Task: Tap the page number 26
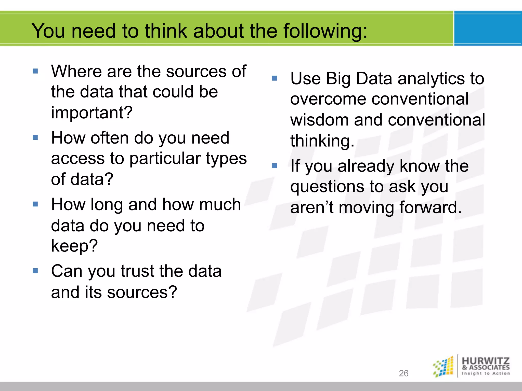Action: (403, 373)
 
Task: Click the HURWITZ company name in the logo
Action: (486, 361)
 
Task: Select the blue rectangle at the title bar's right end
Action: (488, 29)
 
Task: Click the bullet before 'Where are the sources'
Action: (35, 71)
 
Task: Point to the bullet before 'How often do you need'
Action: (35, 138)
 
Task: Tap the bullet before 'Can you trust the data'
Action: (35, 271)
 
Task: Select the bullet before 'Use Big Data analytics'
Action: (275, 78)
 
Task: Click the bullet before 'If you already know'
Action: (275, 166)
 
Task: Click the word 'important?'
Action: (92, 113)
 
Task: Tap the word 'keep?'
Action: (74, 246)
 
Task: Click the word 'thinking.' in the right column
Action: (322, 141)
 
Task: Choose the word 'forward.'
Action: (430, 207)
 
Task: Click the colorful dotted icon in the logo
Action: (443, 367)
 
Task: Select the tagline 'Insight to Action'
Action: (486, 373)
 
